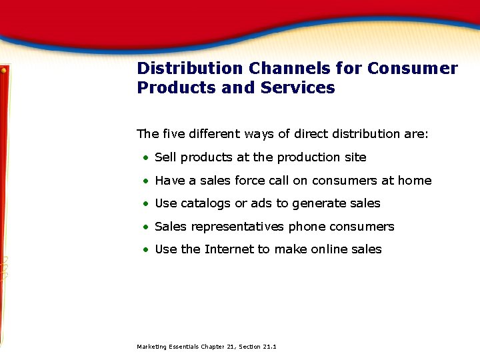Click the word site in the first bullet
(355, 157)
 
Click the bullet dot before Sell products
(145, 158)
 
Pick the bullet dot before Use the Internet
(145, 250)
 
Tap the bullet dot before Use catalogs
(145, 204)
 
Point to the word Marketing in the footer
(151, 347)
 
